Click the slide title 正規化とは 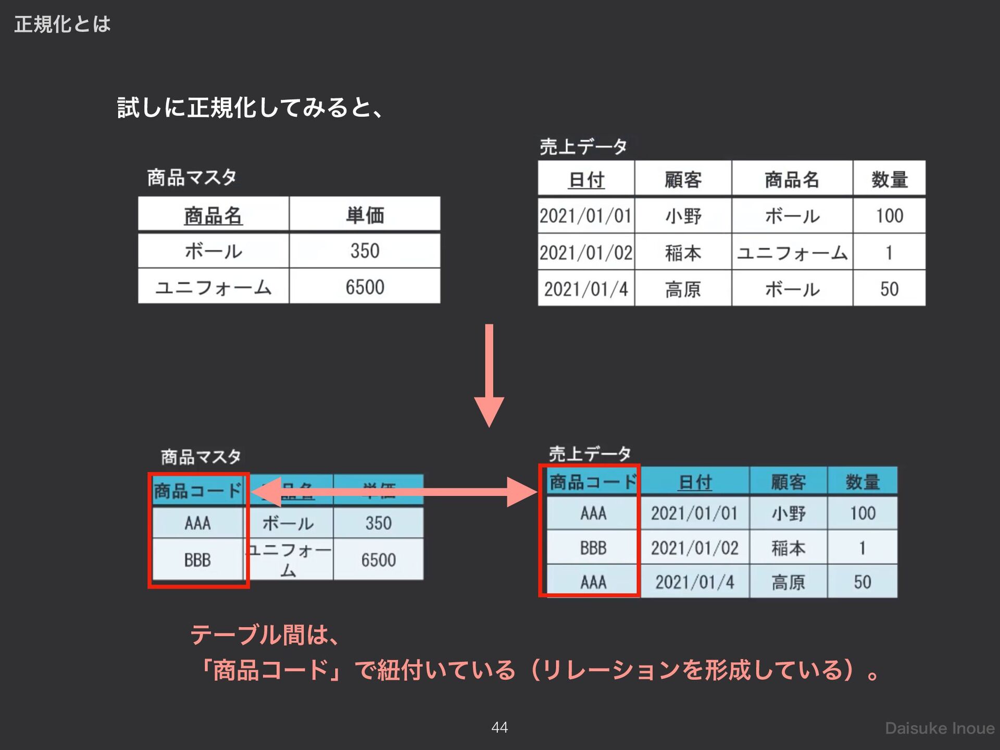[63, 24]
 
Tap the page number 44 [499, 727]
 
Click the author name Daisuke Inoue [940, 728]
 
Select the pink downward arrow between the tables [489, 375]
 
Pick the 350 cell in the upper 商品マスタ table [365, 251]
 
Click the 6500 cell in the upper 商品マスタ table [365, 287]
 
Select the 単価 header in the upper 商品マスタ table [365, 215]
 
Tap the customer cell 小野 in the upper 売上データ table [683, 216]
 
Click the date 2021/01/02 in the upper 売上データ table [586, 253]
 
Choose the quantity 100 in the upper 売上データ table [889, 216]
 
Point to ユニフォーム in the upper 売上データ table [792, 253]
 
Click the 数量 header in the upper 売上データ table [889, 180]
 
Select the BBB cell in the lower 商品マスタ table [197, 560]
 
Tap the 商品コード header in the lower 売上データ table [593, 482]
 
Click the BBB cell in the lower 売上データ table [593, 548]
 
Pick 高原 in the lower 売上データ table [788, 582]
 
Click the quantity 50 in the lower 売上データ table [863, 582]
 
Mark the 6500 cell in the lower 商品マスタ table [378, 560]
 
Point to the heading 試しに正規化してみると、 [250, 108]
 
